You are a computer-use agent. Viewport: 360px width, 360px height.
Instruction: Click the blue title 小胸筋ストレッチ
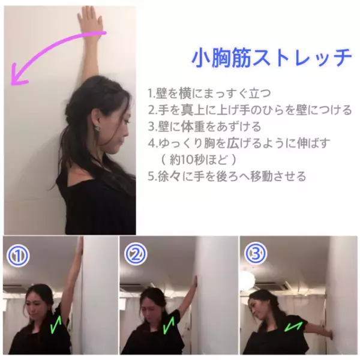click(272, 58)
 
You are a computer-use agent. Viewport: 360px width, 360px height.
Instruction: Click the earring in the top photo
click(96, 127)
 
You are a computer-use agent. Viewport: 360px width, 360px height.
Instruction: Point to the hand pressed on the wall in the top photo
click(90, 21)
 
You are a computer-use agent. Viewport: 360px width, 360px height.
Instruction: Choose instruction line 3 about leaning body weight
click(204, 127)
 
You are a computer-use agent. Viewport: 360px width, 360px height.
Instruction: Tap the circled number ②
click(135, 256)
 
